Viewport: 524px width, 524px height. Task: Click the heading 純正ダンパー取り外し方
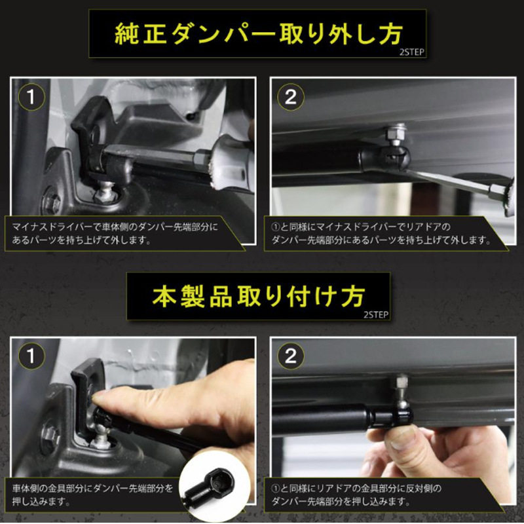point(258,34)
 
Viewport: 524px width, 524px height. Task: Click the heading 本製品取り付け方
point(258,297)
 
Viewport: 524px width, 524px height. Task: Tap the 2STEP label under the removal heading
point(412,52)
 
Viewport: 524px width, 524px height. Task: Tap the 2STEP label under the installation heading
point(376,315)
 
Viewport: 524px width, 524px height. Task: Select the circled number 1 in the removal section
point(31,97)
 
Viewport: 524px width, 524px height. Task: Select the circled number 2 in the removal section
point(291,97)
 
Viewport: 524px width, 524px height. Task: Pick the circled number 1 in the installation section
point(31,356)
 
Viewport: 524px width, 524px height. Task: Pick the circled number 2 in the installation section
point(291,356)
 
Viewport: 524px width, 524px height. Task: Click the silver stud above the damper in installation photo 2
point(402,388)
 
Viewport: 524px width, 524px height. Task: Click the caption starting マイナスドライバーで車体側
point(115,234)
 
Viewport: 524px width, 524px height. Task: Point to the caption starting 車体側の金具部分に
point(92,495)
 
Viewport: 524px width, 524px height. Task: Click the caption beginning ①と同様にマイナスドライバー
point(381,234)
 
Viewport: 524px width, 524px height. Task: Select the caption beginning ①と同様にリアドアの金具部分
point(356,495)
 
